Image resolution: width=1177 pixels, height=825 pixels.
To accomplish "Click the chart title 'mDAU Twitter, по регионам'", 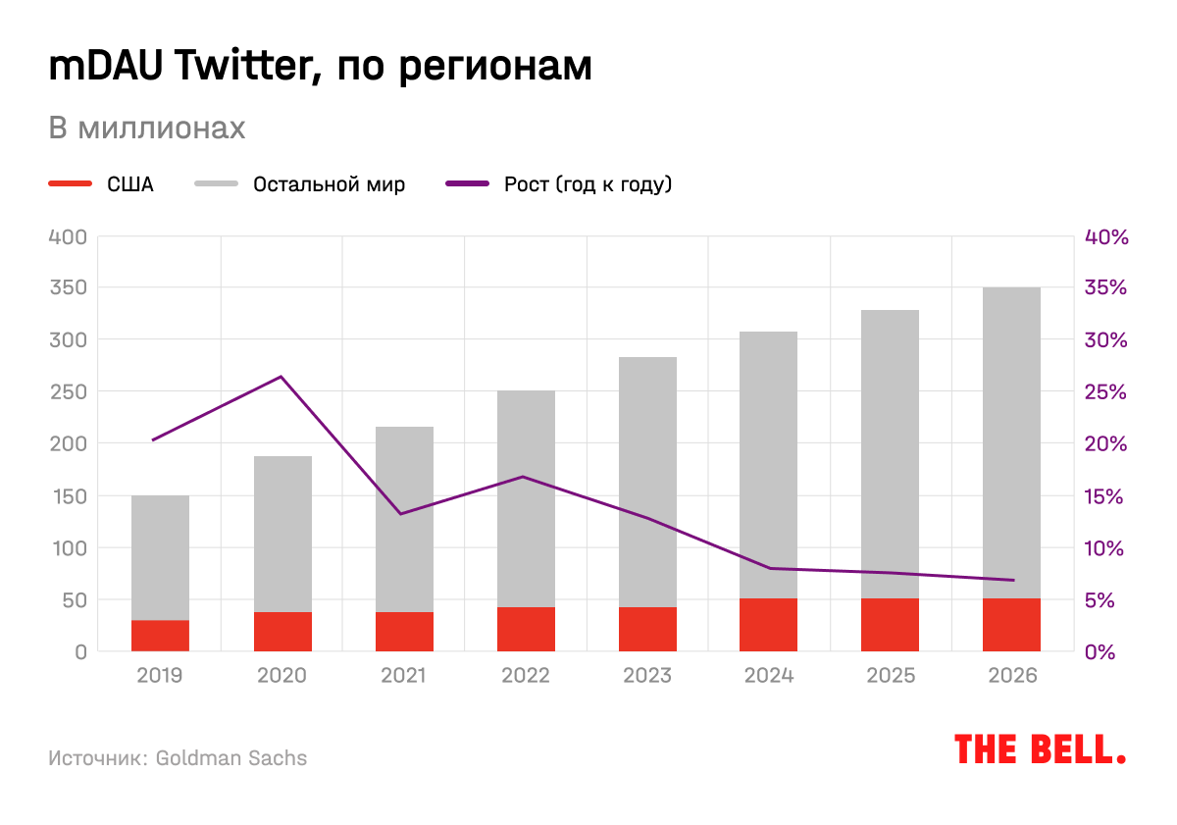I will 320,67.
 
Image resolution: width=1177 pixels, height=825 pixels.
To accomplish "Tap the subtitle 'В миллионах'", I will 146,129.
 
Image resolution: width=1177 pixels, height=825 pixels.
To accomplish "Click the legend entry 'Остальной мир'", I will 300,184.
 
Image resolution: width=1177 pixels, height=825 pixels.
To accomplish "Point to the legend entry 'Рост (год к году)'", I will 559,184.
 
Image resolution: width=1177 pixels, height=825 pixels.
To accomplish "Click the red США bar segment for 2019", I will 160,636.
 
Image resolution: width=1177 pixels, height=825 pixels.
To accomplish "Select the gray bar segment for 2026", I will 1011,442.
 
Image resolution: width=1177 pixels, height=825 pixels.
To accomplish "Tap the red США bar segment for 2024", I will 768,625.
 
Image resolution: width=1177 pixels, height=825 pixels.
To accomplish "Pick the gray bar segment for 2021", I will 404,519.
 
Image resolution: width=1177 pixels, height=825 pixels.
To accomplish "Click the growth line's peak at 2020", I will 281,377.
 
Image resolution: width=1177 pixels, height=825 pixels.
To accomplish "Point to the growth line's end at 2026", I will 1011,580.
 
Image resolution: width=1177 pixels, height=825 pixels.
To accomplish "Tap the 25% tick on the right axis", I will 1105,392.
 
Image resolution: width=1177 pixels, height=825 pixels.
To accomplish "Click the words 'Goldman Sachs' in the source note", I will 231,758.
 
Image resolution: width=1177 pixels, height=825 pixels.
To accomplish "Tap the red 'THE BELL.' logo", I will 1040,750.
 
